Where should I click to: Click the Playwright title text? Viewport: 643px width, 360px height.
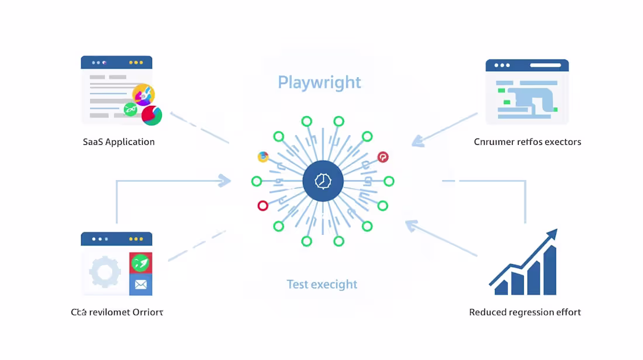[x=319, y=82]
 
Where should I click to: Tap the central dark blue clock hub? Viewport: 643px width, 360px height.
[x=323, y=181]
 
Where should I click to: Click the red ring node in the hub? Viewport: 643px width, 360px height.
[x=262, y=206]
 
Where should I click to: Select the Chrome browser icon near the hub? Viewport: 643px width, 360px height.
[x=263, y=157]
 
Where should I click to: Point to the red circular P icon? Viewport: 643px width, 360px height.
[x=383, y=157]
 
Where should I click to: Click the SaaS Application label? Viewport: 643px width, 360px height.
[x=119, y=142]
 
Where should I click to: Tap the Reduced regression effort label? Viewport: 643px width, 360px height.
[x=525, y=312]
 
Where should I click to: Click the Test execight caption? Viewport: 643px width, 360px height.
[x=322, y=285]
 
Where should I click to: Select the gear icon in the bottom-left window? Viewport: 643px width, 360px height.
[x=105, y=272]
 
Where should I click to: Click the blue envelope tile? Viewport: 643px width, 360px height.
[x=141, y=285]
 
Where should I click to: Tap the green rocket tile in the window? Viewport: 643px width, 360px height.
[x=141, y=263]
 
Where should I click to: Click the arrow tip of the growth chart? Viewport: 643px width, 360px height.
[x=553, y=233]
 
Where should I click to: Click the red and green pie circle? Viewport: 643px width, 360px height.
[x=151, y=115]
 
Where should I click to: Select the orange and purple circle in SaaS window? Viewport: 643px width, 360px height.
[x=143, y=94]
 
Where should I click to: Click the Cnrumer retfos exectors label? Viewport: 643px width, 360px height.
[x=527, y=142]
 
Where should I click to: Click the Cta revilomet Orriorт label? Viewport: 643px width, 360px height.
[x=117, y=312]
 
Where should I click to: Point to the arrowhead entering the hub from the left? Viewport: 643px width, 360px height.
[x=225, y=181]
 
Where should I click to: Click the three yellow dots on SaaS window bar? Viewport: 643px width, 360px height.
[x=136, y=63]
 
